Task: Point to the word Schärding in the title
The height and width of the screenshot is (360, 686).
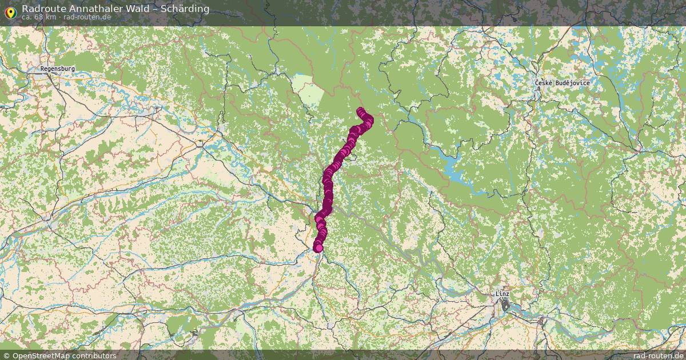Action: pos(185,9)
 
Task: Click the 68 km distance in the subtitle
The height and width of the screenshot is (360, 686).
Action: pos(46,17)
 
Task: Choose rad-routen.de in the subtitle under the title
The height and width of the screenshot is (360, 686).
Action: pos(87,17)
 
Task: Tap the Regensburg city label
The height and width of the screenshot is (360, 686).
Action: pos(58,69)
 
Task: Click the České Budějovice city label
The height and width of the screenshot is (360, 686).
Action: pos(562,83)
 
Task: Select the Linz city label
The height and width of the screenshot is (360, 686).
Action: pos(502,294)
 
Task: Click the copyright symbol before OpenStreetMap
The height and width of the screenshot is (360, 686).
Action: pos(6,355)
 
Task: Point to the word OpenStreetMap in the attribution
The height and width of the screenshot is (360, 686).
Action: pos(39,355)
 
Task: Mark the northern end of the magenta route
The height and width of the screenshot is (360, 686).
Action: pos(360,111)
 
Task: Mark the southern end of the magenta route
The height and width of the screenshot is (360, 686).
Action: pos(318,247)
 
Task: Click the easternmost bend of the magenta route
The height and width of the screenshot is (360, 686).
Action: pos(369,120)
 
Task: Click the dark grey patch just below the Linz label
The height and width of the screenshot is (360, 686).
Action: pos(505,306)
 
